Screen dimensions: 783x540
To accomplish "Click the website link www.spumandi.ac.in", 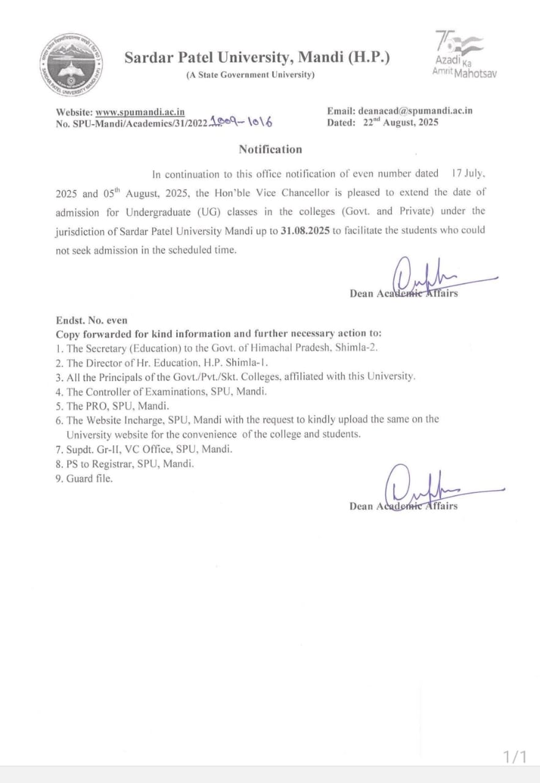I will tap(140, 112).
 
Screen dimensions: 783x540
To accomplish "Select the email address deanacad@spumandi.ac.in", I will tap(417, 111).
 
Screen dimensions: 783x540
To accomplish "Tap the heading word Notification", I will tap(270, 149).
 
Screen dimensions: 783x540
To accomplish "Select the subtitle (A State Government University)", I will tap(250, 75).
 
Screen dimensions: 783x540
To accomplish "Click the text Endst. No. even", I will tap(92, 320).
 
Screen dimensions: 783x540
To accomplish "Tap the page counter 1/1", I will tap(514, 757).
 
